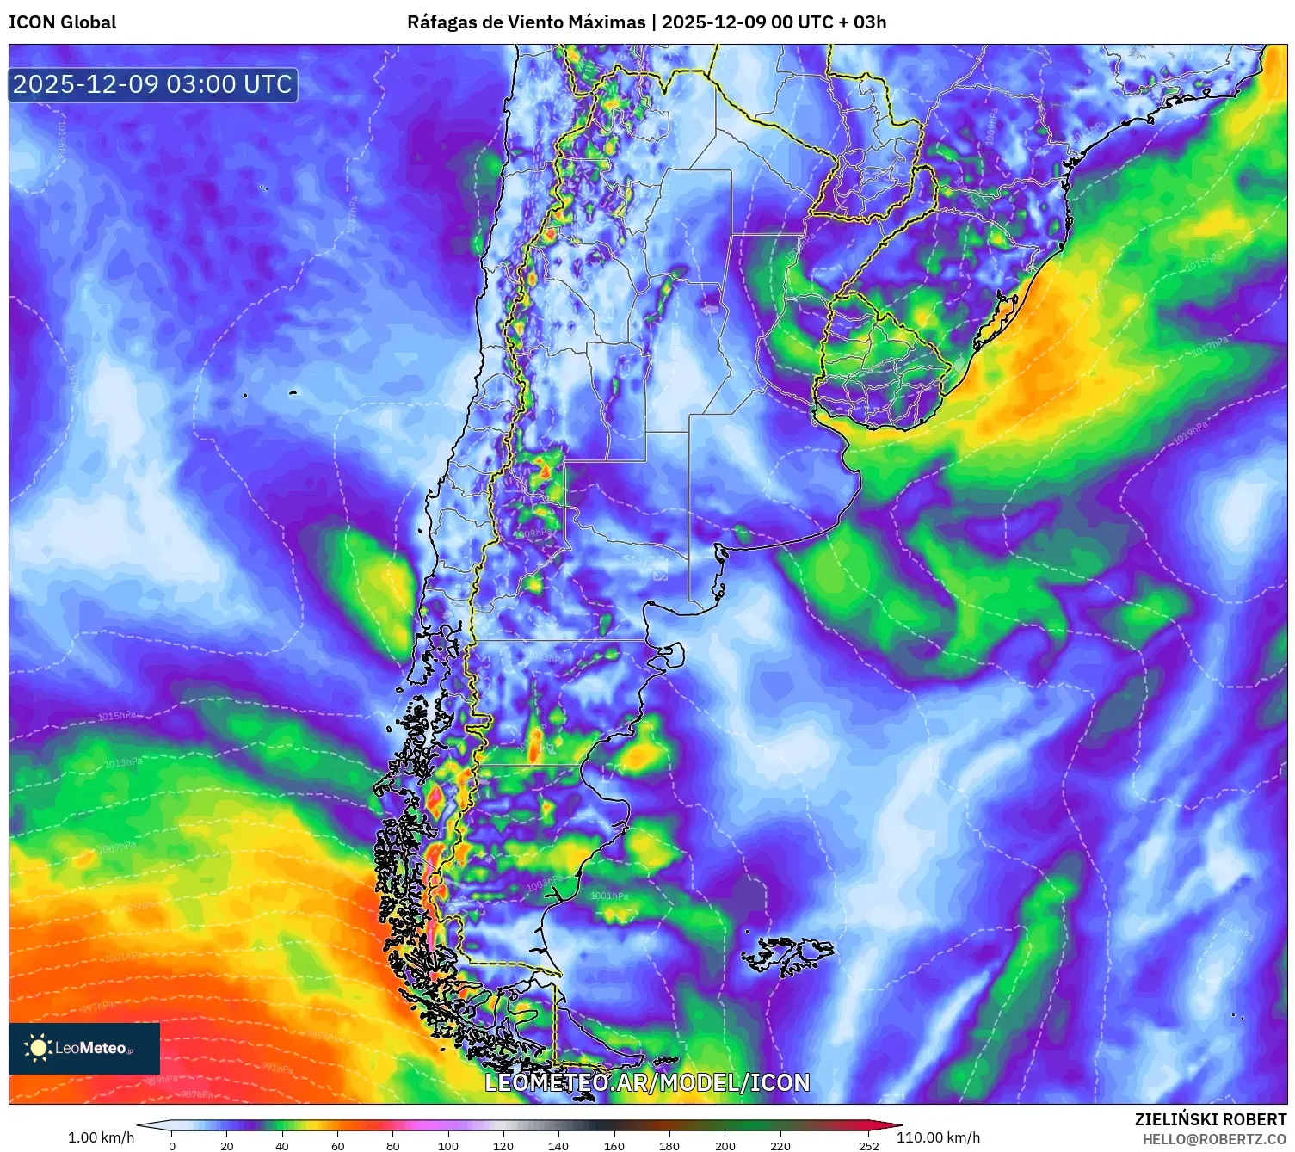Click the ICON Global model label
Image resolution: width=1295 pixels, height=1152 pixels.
pos(62,22)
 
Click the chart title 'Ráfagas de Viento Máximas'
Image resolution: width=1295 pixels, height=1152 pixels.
pos(526,22)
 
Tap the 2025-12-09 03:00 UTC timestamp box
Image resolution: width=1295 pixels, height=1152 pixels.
pos(153,85)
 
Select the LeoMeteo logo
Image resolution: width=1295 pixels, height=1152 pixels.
pos(84,1048)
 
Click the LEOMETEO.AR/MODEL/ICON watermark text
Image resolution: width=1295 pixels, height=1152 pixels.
pos(647,1082)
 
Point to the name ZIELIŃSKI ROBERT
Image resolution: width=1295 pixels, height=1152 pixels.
pos(1210,1119)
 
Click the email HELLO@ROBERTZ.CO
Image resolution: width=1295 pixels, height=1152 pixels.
pos(1214,1139)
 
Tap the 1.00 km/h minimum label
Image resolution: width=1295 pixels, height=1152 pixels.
pos(101,1137)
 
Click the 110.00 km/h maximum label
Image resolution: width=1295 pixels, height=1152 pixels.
pos(938,1137)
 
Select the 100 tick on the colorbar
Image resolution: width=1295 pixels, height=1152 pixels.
pos(448,1145)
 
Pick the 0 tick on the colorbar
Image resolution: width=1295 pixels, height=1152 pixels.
pos(172,1145)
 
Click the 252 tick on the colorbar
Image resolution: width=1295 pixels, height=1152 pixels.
pos(869,1145)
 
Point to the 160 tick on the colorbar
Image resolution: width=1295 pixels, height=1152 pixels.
pos(614,1145)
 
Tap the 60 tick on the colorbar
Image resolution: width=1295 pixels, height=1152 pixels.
pos(338,1145)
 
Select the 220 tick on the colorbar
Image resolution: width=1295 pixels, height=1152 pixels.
pos(780,1145)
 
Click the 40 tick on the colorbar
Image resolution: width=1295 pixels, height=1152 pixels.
pos(282,1145)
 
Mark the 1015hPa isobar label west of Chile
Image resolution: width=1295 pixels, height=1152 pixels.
pos(116,716)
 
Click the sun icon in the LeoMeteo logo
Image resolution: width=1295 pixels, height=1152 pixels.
pos(38,1048)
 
